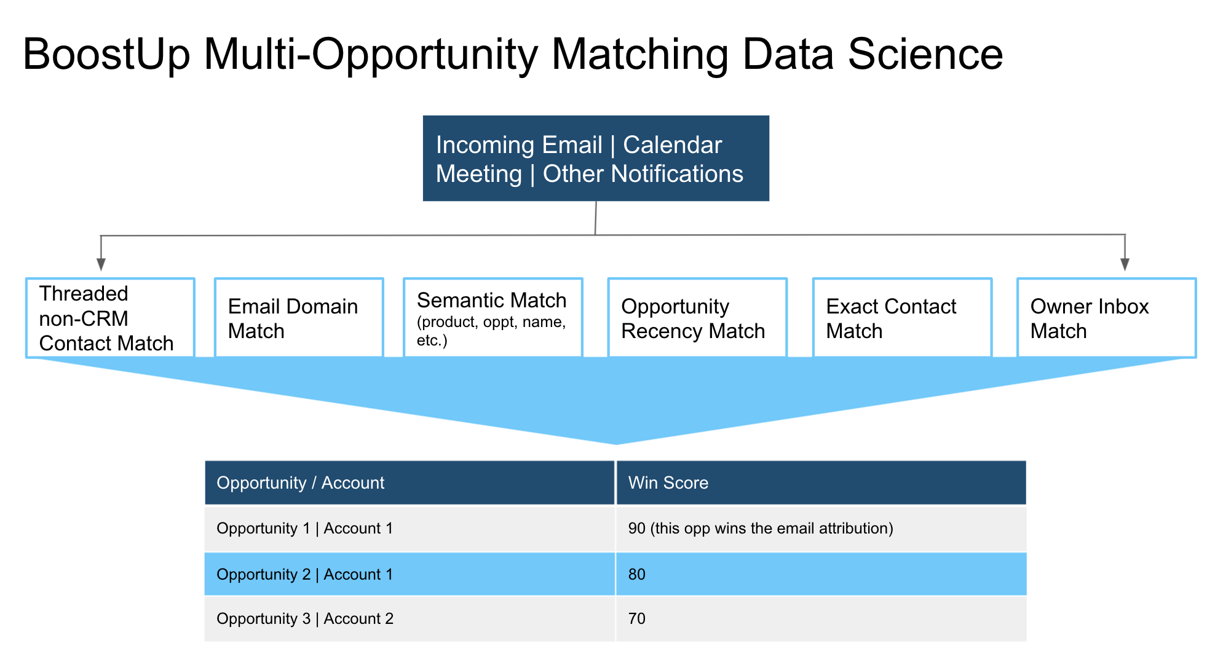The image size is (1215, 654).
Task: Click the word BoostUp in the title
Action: (x=106, y=55)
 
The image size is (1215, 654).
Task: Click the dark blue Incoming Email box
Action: (x=596, y=159)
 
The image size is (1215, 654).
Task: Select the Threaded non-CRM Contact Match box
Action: (x=111, y=318)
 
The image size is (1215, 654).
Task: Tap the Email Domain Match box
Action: (x=299, y=318)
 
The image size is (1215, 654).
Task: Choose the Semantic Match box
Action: (x=493, y=318)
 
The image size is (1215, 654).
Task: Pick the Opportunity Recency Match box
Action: (x=697, y=318)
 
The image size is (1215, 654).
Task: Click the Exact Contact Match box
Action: (x=902, y=318)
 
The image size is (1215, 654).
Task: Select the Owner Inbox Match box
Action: (x=1106, y=318)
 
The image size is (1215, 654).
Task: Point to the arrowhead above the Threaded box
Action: (x=101, y=264)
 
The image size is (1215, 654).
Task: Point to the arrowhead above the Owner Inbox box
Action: (x=1125, y=264)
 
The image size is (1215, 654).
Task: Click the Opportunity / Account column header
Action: (x=410, y=483)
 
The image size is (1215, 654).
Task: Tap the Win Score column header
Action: (x=821, y=483)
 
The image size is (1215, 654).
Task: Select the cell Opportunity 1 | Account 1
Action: (x=410, y=529)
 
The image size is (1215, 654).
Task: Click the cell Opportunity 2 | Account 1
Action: (x=410, y=574)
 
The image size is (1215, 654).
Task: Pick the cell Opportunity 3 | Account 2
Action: (x=410, y=618)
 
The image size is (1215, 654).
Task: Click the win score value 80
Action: (x=637, y=574)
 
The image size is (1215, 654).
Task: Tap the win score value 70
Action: (x=637, y=618)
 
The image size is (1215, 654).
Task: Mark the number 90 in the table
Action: (x=637, y=529)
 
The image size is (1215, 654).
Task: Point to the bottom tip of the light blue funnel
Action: (x=616, y=444)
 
